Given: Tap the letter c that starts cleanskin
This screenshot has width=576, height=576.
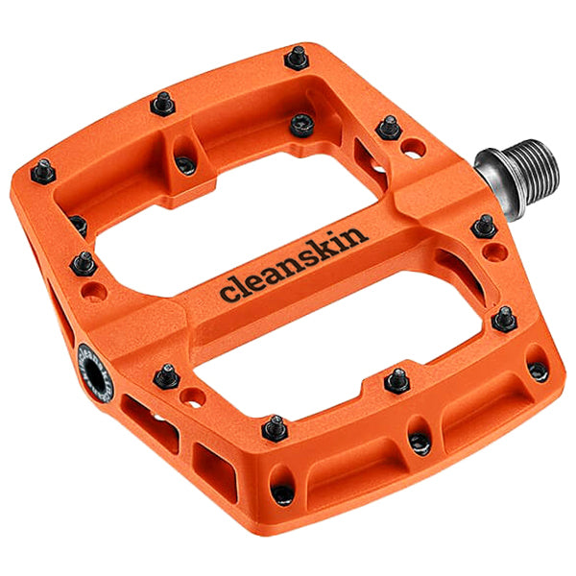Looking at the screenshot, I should pyautogui.click(x=228, y=292).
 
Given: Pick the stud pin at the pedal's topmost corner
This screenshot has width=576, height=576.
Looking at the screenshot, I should pyautogui.click(x=297, y=58).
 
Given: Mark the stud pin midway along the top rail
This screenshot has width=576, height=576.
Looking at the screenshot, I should pyautogui.click(x=163, y=103).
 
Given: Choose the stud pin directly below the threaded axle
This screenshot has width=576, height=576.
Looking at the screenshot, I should pyautogui.click(x=484, y=228).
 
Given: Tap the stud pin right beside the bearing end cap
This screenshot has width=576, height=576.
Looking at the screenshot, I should pyautogui.click(x=167, y=375).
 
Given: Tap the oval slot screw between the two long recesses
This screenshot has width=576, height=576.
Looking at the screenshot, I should pyautogui.click(x=419, y=442).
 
